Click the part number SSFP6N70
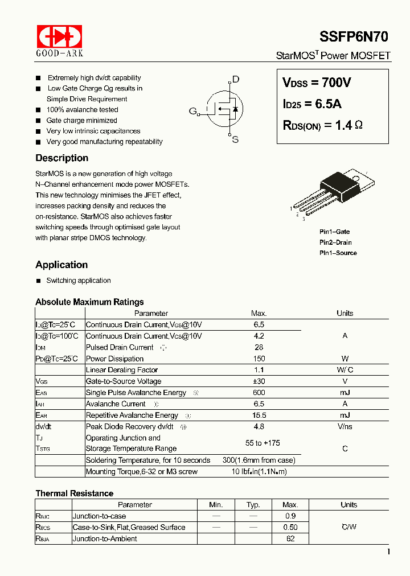353,37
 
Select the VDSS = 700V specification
317,83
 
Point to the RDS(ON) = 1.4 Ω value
322,125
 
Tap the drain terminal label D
235,80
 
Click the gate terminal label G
192,111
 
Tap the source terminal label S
235,139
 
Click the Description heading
61,158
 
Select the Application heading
61,265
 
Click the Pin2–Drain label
335,242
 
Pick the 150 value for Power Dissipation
259,359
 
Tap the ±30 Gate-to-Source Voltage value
259,381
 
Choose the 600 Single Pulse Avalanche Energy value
259,393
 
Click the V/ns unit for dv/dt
345,426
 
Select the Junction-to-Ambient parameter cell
105,538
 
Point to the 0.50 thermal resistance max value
290,527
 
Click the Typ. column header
253,505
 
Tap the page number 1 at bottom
388,552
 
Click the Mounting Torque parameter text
141,472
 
